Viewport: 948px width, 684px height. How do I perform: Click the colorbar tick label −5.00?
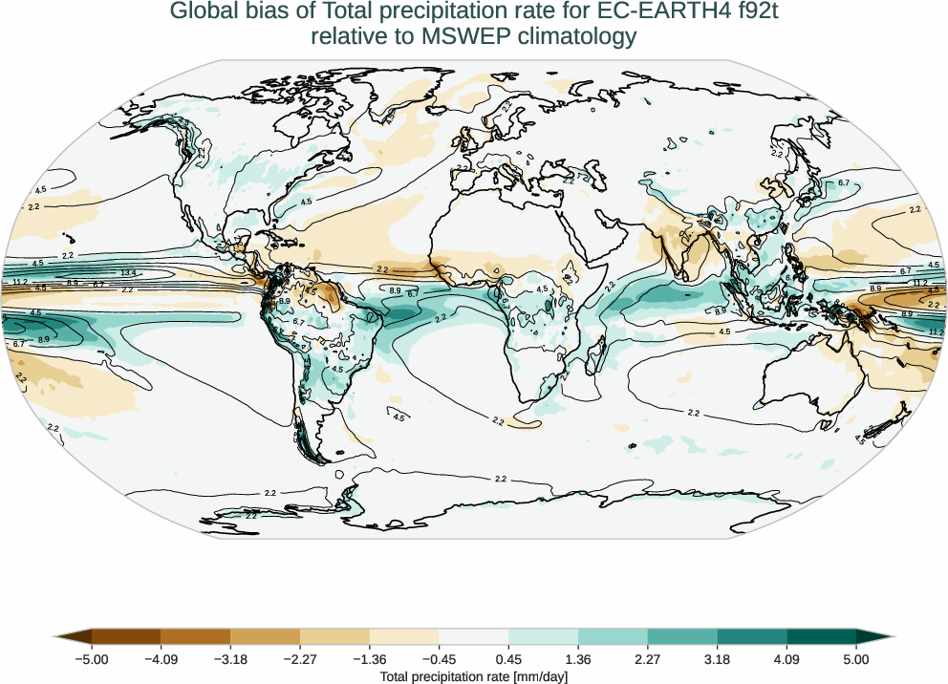pyautogui.click(x=92, y=658)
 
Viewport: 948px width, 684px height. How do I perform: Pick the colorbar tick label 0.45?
pyautogui.click(x=508, y=658)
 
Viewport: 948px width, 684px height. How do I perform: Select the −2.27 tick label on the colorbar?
pyautogui.click(x=300, y=658)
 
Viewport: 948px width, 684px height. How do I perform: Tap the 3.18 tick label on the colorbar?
pyautogui.click(x=717, y=658)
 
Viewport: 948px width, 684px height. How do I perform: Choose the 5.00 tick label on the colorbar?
pyautogui.click(x=856, y=658)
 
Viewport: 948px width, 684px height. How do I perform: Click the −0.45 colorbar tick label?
pyautogui.click(x=439, y=658)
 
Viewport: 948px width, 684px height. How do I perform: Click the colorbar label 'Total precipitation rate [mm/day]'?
pyautogui.click(x=474, y=675)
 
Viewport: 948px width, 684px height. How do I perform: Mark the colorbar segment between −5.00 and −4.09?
pyautogui.click(x=126, y=636)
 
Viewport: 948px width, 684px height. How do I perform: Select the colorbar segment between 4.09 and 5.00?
pyautogui.click(x=821, y=636)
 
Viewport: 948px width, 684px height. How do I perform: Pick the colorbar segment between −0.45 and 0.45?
pyautogui.click(x=473, y=636)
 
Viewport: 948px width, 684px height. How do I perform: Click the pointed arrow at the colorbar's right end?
pyautogui.click(x=873, y=636)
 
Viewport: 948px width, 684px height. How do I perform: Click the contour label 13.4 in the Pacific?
pyautogui.click(x=128, y=273)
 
